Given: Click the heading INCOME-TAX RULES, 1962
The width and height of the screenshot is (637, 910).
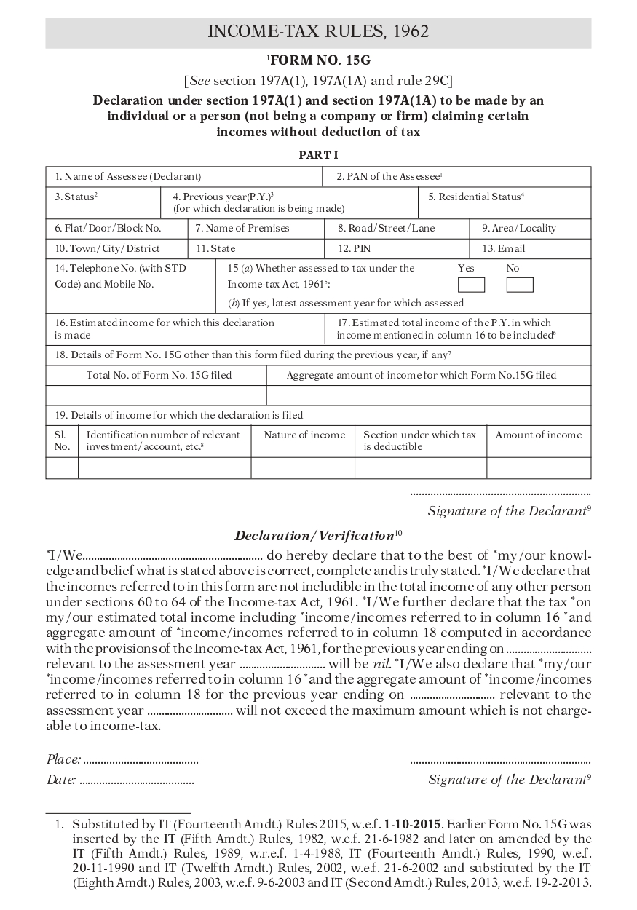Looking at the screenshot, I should (x=318, y=32).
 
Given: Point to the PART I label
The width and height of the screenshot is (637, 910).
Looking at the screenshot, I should (x=319, y=155).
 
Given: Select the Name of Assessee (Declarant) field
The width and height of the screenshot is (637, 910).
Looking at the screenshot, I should (x=184, y=177).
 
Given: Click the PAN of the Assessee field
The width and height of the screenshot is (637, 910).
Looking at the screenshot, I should (x=456, y=177).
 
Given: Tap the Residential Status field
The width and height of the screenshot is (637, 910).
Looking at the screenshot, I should (x=505, y=203).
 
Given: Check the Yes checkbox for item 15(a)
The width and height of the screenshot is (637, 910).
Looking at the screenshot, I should (x=471, y=285).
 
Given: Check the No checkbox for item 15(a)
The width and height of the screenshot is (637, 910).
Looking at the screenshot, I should (x=519, y=285).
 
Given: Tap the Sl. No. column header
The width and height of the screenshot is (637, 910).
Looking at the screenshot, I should (x=62, y=440).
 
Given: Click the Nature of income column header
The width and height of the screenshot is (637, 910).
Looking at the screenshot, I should (x=304, y=435).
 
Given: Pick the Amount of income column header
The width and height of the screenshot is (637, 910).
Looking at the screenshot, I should (x=538, y=435).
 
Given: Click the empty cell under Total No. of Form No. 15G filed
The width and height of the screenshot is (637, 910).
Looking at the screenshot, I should (x=156, y=395).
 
